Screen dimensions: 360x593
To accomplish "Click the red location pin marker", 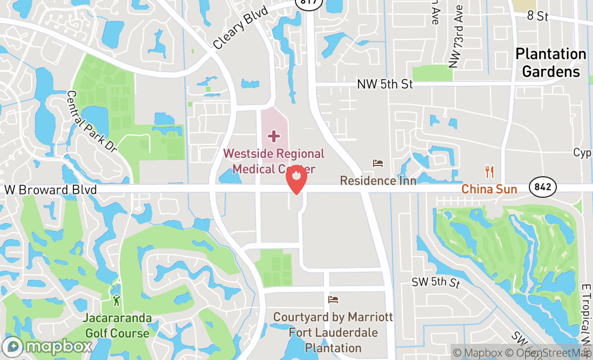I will coord(296,179).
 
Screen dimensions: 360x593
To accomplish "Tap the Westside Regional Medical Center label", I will coord(274,161).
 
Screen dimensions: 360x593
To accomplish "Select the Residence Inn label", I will coord(378,181).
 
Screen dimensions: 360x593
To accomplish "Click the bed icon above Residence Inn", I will coord(378,163).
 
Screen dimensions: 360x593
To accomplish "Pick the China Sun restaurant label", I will coord(489,189).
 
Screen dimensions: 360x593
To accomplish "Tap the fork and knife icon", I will coord(489,172).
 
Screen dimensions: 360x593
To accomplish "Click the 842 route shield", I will coord(542,187).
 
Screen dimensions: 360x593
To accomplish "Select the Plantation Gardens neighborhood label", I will coord(550,63).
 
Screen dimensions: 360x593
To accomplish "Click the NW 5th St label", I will coord(384,84).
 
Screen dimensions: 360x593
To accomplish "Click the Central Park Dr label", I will coord(92,121).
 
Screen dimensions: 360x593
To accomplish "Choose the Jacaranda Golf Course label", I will coord(116,326).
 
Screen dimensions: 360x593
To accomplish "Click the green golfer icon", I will coord(116,300).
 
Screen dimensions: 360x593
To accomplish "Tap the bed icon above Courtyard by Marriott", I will coord(333,299).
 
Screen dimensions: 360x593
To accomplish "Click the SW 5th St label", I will coord(436,282).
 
